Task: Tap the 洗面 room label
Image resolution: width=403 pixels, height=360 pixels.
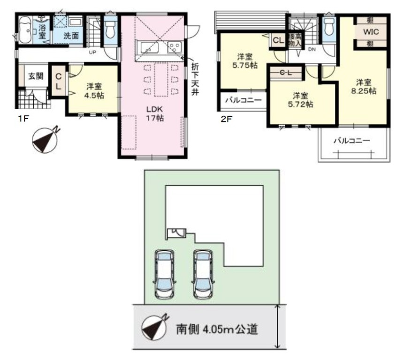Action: coord(71,36)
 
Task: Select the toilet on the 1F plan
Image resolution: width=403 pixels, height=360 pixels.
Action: coord(111,28)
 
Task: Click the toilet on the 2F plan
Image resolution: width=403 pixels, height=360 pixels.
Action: coord(329,26)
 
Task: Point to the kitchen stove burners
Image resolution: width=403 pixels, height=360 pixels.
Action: coord(174,47)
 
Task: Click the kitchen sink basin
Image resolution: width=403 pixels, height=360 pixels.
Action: coord(149,47)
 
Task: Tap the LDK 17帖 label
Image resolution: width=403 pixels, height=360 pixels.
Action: coord(155,113)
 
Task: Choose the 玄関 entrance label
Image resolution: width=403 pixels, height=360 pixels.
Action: coord(36,76)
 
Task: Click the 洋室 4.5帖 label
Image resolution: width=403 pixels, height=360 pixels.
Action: coord(94,90)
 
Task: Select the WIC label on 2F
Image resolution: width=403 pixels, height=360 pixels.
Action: coord(371,32)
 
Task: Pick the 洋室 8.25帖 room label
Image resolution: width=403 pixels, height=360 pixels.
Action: coord(364,87)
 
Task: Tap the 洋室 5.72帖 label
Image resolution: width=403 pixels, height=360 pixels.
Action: coord(300,100)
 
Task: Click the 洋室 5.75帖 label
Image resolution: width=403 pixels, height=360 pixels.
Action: coord(245,61)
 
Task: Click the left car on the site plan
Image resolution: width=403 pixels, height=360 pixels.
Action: coord(165,275)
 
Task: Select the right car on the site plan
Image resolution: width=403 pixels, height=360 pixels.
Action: coord(203,275)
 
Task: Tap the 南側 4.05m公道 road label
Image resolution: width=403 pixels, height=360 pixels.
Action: coord(217,329)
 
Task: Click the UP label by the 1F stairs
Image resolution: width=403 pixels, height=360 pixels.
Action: coord(92,52)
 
